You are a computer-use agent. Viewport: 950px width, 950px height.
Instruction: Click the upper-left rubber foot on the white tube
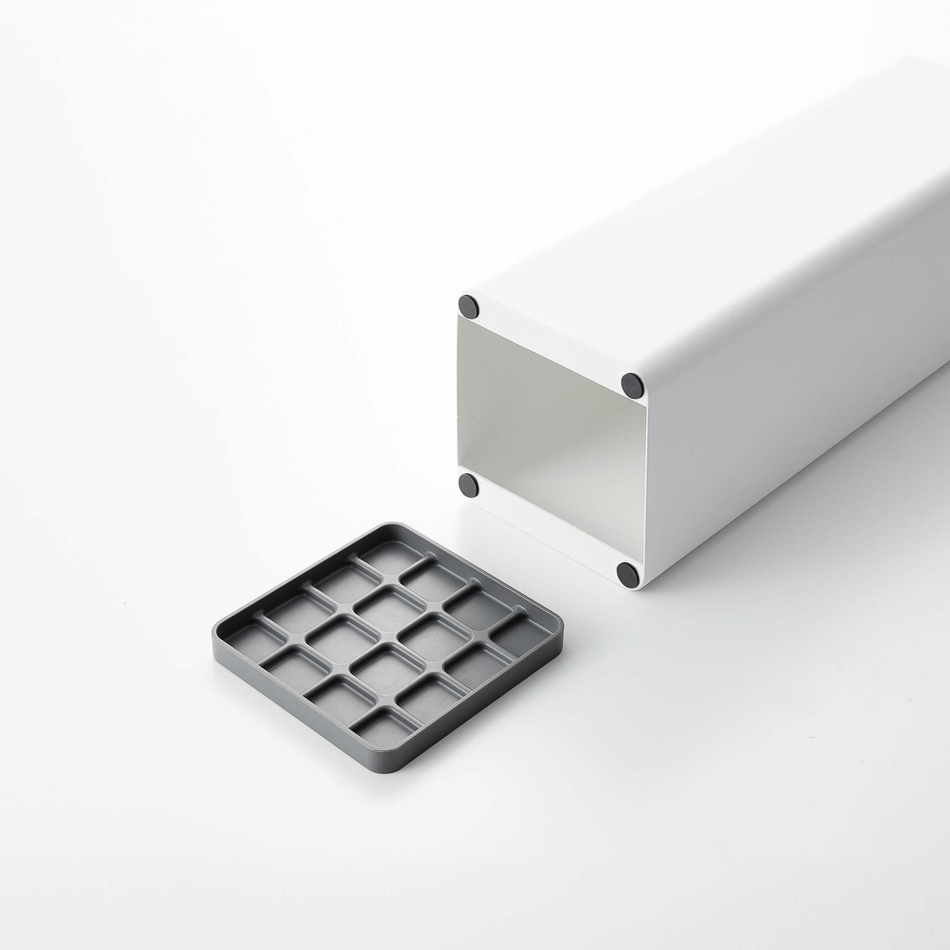click(x=469, y=306)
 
